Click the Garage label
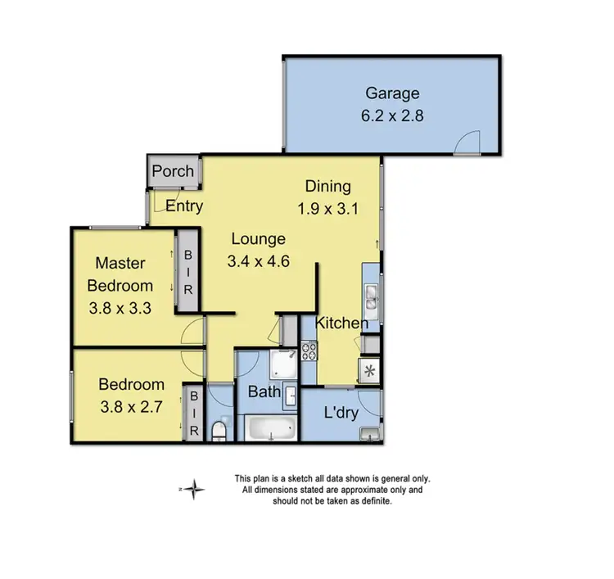[x=392, y=93]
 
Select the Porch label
[x=174, y=171]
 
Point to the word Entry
[x=184, y=206]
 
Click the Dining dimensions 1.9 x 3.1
[x=327, y=208]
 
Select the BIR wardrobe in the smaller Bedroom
[x=194, y=414]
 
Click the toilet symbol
[x=219, y=429]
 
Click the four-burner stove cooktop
[x=309, y=351]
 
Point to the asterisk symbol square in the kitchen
[x=368, y=371]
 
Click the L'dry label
[x=341, y=414]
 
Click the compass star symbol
[x=193, y=490]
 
